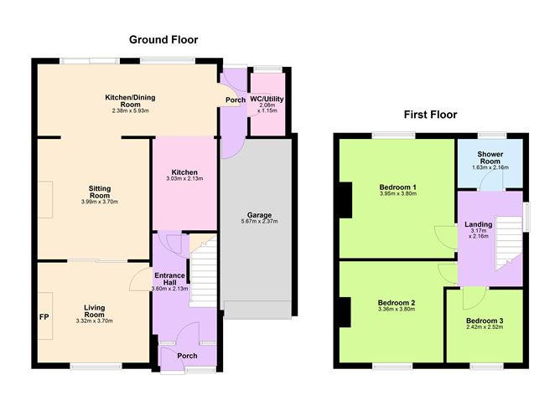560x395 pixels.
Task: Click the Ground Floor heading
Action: pyautogui.click(x=163, y=39)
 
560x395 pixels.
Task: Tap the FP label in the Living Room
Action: pyautogui.click(x=44, y=317)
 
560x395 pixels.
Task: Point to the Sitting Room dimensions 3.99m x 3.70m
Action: pyautogui.click(x=94, y=201)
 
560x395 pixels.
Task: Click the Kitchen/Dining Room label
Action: pyautogui.click(x=129, y=101)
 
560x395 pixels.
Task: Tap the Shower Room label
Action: pyautogui.click(x=490, y=159)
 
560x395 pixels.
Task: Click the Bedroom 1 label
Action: pyautogui.click(x=397, y=186)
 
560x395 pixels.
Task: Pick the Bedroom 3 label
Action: pyautogui.click(x=484, y=321)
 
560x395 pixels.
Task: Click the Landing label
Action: pyautogui.click(x=478, y=224)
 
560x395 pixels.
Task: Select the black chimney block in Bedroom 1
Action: pyautogui.click(x=345, y=199)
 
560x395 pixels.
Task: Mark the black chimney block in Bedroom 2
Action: pyautogui.click(x=344, y=312)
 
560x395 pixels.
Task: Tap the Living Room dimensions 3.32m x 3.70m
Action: pyautogui.click(x=94, y=321)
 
